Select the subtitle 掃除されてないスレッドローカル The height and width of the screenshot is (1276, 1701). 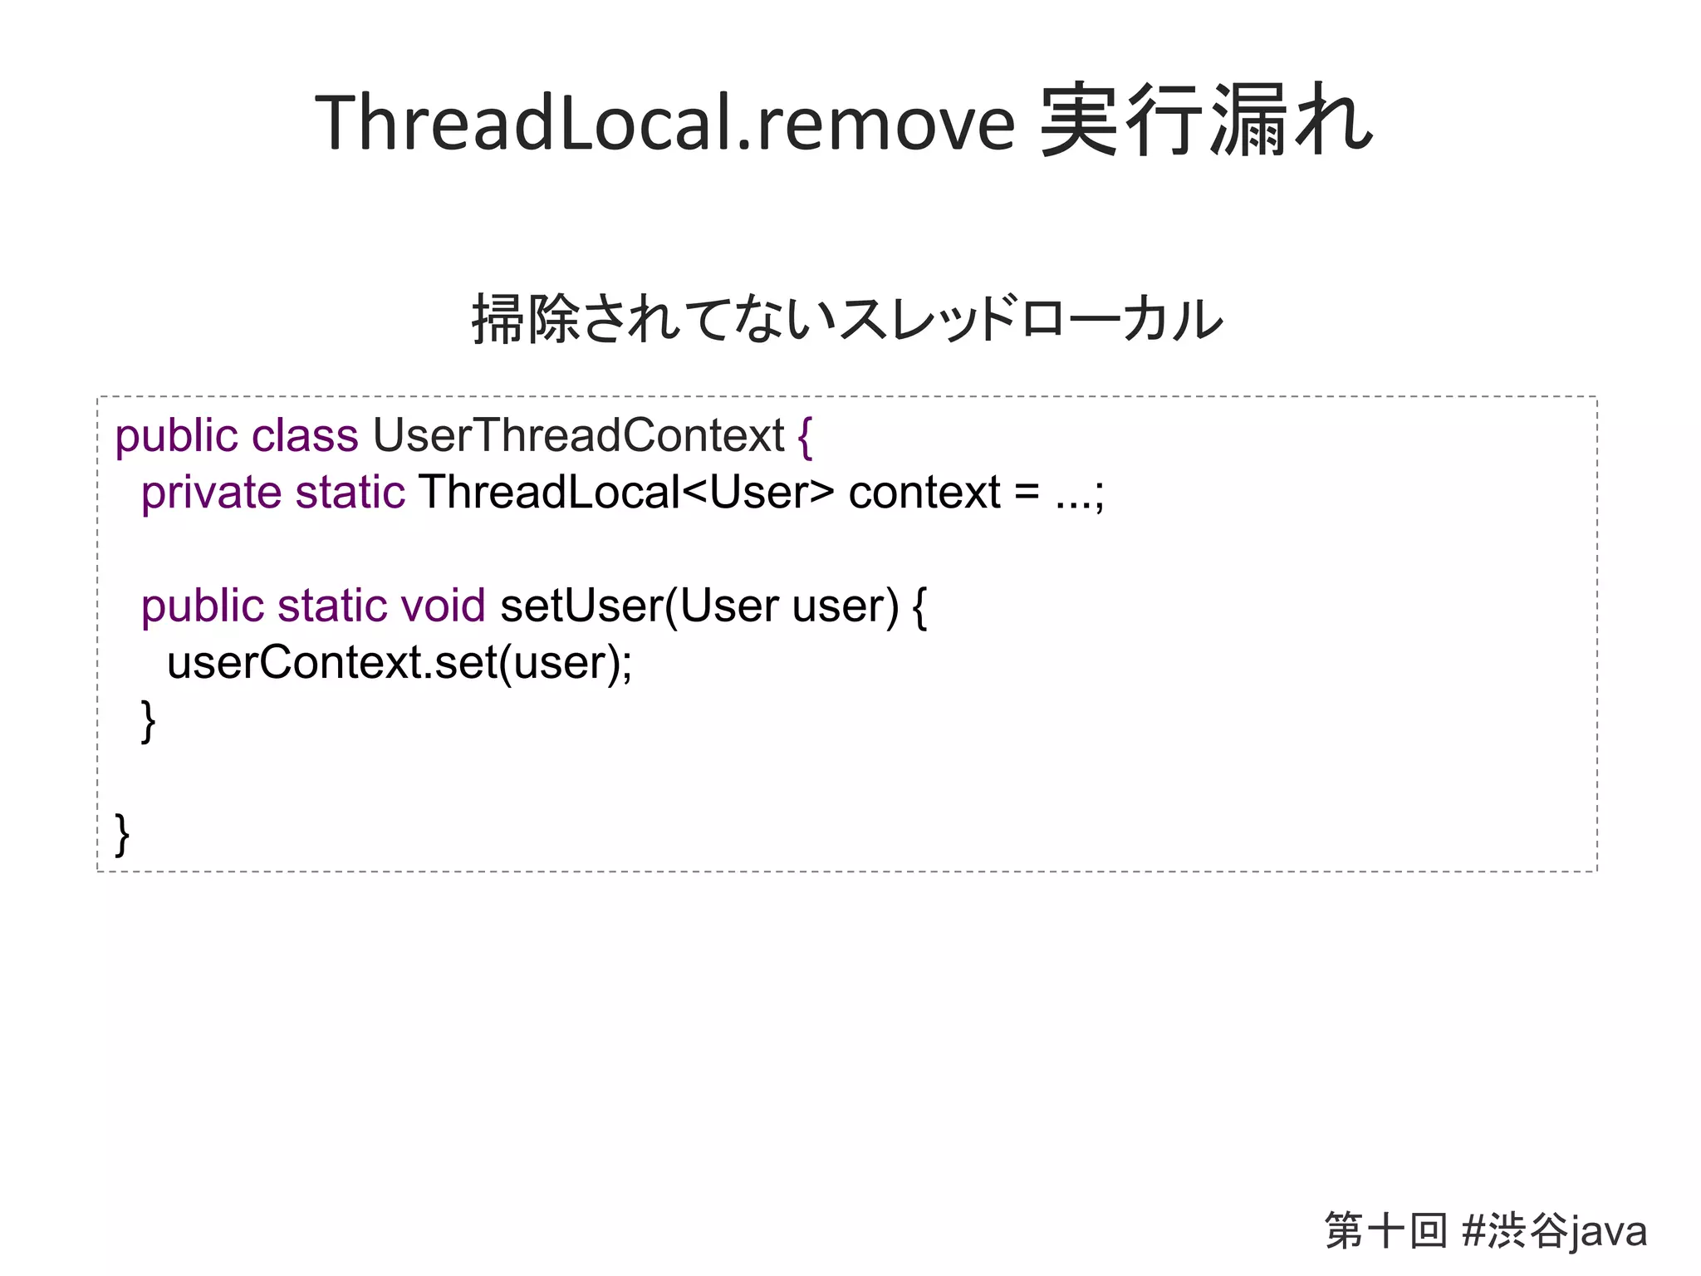tap(847, 319)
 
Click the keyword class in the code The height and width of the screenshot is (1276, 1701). tap(305, 436)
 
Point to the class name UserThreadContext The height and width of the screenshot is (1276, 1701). tap(578, 436)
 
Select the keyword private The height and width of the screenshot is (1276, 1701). tap(211, 493)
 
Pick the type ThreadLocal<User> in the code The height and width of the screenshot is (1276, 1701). tap(625, 493)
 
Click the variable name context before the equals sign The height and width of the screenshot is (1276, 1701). tap(924, 493)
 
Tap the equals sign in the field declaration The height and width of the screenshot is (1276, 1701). tap(1027, 494)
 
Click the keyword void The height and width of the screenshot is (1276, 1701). tap(443, 606)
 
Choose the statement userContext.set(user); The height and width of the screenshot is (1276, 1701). tap(400, 663)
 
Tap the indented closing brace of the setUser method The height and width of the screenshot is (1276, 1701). tap(148, 720)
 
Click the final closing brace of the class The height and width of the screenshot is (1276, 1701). tap(122, 834)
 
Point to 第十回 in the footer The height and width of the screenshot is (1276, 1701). tap(1385, 1230)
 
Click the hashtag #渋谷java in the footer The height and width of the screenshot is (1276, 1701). tap(1554, 1231)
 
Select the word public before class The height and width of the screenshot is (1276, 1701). tap(176, 436)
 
